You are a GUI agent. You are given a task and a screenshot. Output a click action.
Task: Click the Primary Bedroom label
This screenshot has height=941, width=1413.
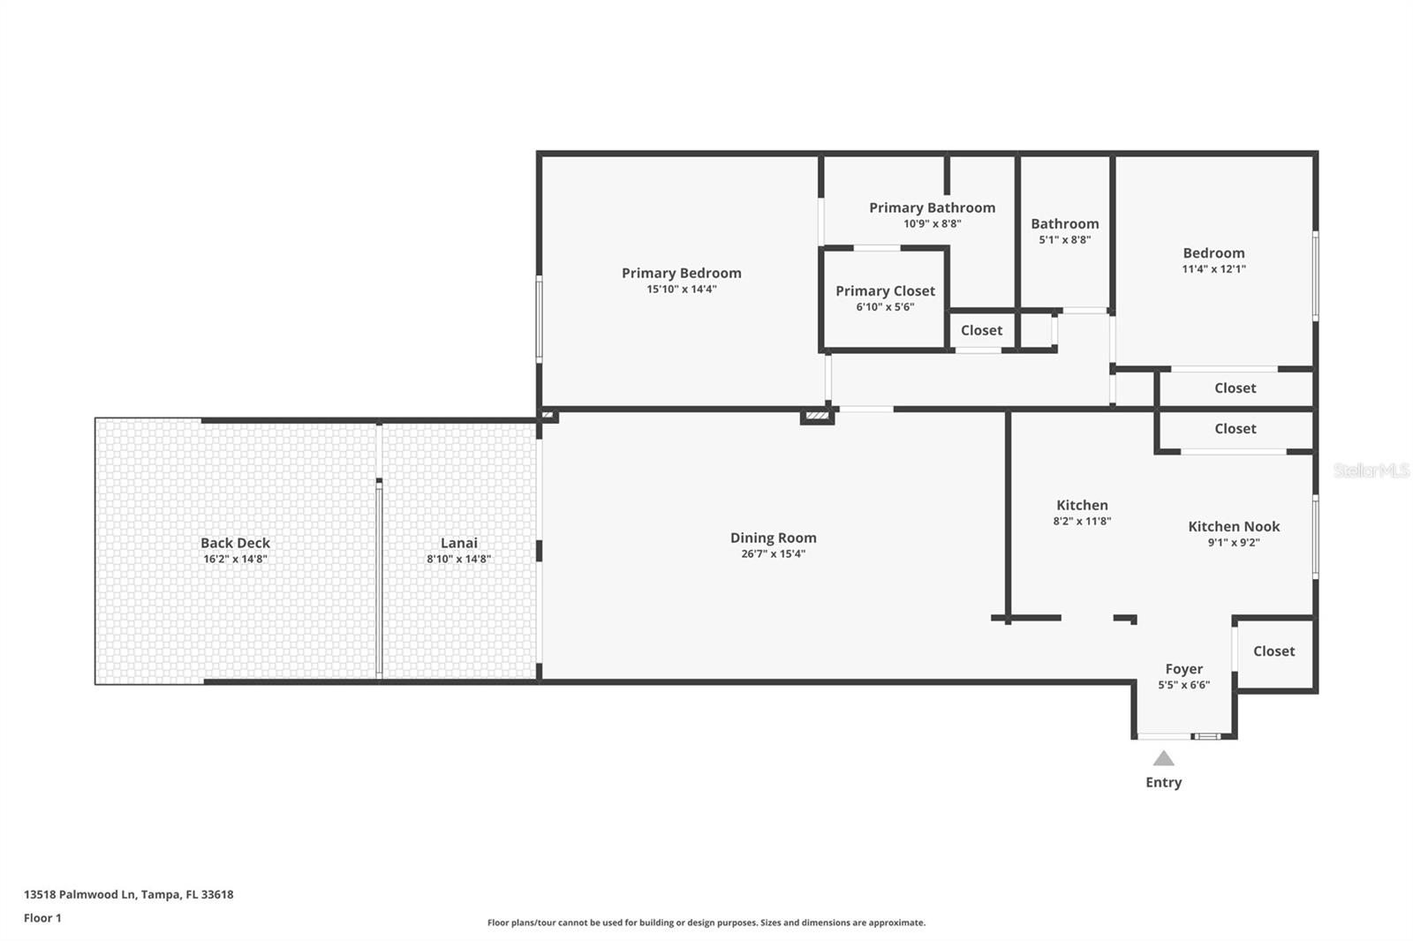pos(681,273)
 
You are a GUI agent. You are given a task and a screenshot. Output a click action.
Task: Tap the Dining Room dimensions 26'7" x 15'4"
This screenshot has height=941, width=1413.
pos(774,553)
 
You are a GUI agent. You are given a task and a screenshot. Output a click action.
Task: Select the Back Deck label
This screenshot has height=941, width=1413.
pos(235,542)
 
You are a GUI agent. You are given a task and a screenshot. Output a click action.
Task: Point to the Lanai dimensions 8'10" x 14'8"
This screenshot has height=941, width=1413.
pos(458,559)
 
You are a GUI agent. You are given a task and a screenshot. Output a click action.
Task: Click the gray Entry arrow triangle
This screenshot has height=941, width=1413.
pos(1164,758)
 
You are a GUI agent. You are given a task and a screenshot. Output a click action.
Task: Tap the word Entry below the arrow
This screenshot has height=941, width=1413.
pos(1164,782)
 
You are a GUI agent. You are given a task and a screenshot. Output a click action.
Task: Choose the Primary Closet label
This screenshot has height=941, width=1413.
pos(885,290)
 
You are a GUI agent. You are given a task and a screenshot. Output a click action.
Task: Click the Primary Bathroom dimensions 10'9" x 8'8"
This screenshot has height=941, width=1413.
pos(933,223)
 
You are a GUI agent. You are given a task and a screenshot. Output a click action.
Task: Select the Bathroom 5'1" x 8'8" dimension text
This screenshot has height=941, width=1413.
pos(1065,240)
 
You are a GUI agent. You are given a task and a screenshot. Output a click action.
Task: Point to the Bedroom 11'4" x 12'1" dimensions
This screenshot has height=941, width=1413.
pos(1213,268)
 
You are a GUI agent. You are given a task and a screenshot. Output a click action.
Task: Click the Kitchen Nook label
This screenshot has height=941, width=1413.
pos(1234,527)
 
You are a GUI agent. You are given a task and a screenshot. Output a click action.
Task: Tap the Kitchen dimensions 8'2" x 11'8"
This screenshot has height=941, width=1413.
pos(1082,521)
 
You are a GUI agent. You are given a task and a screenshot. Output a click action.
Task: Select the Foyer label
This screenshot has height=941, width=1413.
pos(1184,669)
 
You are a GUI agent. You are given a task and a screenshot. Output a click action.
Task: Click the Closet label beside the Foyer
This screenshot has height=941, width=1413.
pos(1273,651)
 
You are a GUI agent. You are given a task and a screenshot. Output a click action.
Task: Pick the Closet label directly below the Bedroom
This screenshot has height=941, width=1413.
pos(1235,388)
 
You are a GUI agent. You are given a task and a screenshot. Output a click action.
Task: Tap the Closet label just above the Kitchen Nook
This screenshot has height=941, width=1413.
pos(1235,429)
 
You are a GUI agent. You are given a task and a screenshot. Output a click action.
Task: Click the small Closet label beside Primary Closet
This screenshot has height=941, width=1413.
pos(981,330)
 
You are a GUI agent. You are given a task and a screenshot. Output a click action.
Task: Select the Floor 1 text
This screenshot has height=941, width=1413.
pos(43,918)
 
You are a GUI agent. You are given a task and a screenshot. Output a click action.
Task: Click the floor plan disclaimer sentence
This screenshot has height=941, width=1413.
pos(706,922)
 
